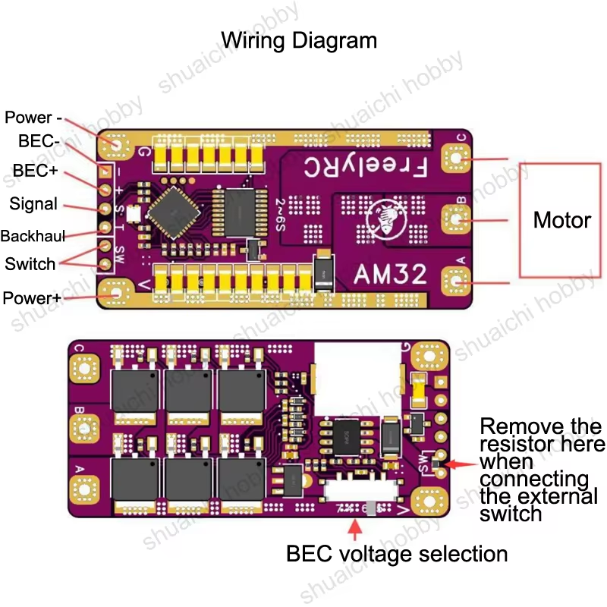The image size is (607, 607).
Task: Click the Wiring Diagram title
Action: [298, 39]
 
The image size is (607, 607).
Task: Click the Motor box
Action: [561, 220]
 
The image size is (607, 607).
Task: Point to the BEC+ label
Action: [35, 171]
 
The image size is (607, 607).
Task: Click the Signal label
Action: [33, 203]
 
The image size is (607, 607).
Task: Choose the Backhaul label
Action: [33, 235]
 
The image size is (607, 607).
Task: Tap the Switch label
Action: [30, 264]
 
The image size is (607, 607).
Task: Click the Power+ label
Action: [32, 297]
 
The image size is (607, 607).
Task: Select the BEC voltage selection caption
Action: [397, 554]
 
